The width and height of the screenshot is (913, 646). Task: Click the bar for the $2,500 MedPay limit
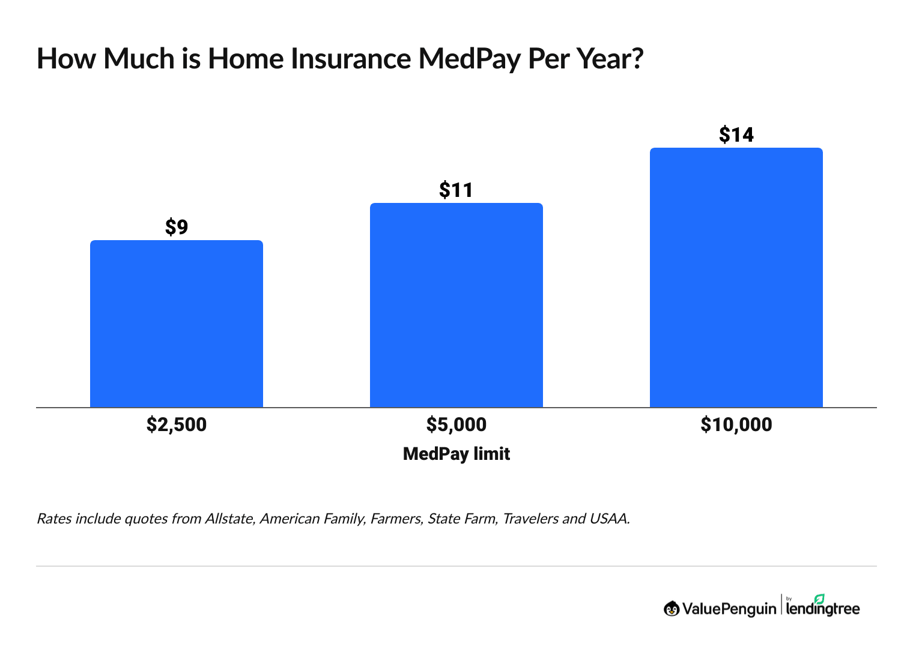(x=177, y=324)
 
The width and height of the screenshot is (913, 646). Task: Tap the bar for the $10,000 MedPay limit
(x=736, y=277)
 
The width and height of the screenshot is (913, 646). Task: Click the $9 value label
(x=177, y=227)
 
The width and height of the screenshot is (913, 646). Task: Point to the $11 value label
(x=456, y=190)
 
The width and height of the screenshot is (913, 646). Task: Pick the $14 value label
(x=736, y=134)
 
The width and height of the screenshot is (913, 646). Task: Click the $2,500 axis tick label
(x=177, y=424)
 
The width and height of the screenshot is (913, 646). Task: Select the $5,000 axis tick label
(x=456, y=424)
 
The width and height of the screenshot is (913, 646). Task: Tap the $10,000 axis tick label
(x=736, y=424)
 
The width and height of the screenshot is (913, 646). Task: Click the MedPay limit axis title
(x=456, y=453)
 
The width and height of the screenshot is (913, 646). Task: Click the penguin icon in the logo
(x=672, y=609)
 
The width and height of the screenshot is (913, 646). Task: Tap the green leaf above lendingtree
(x=819, y=599)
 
